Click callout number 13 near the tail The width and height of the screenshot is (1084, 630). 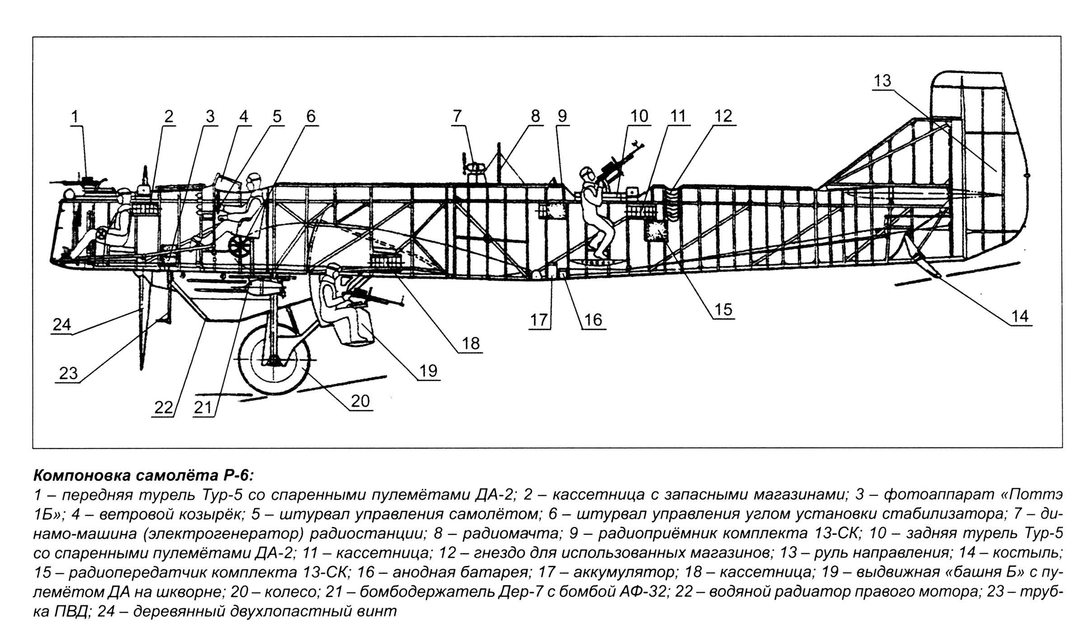point(882,81)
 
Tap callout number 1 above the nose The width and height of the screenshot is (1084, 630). point(75,117)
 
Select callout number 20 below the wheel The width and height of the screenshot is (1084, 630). point(360,401)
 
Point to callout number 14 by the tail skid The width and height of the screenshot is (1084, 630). point(1019,316)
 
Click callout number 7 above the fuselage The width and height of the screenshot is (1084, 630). point(457,116)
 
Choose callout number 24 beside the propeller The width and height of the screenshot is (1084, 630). point(62,324)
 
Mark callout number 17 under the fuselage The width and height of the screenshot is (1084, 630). point(539,320)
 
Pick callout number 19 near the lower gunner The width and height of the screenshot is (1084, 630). point(428,371)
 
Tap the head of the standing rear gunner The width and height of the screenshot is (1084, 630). point(588,173)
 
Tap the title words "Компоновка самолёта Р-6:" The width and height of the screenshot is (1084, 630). point(144,476)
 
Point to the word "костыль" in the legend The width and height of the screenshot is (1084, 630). point(1035,553)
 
